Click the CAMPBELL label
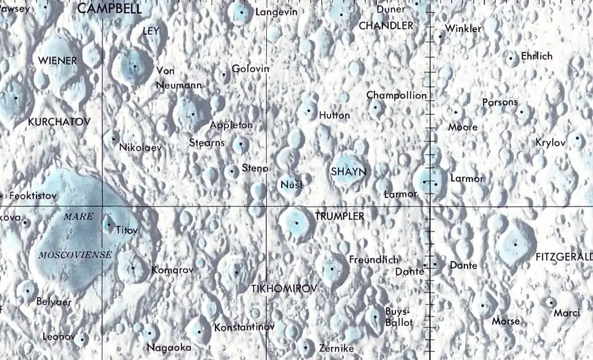(109, 9)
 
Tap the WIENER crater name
(57, 61)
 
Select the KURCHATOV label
(59, 122)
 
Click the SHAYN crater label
(349, 171)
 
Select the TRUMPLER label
(339, 216)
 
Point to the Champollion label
(396, 96)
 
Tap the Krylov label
(551, 143)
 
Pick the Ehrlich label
(537, 56)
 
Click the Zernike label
(336, 349)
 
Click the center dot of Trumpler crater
(296, 222)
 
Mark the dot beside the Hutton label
(308, 111)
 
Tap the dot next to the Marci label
(550, 302)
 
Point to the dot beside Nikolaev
(114, 138)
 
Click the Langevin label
(276, 12)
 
